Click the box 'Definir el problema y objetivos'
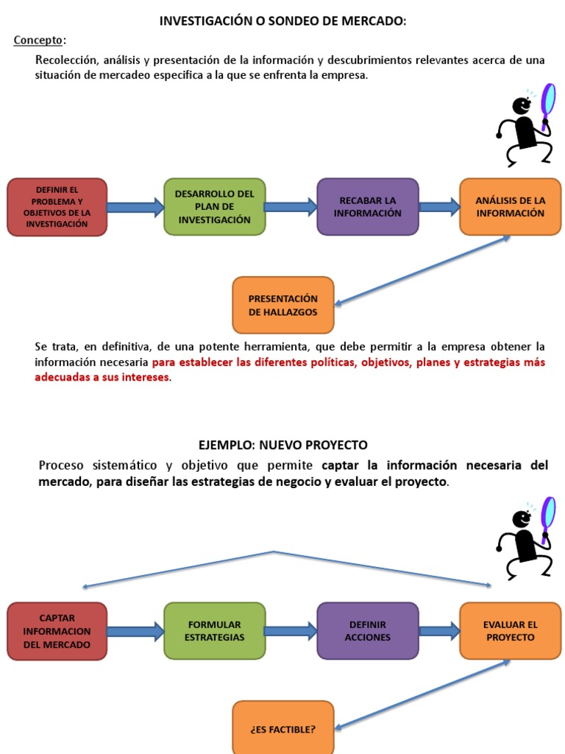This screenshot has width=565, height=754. click(57, 207)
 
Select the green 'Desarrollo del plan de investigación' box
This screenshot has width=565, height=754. click(215, 207)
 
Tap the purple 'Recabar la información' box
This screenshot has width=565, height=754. click(368, 207)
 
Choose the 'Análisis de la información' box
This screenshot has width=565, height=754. click(511, 207)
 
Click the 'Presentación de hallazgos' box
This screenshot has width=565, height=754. click(283, 305)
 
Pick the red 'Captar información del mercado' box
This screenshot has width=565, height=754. click(57, 631)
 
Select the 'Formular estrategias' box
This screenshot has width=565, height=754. click(215, 631)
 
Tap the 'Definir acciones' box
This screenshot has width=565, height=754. click(368, 631)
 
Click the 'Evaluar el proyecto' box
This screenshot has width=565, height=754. click(511, 631)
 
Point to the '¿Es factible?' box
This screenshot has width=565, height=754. click(283, 727)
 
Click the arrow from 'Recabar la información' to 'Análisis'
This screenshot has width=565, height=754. click(439, 207)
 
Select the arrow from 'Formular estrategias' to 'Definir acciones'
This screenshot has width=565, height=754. click(291, 631)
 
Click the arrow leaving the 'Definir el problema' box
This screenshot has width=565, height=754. click(135, 207)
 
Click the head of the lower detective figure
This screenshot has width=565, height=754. click(522, 519)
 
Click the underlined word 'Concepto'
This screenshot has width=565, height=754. click(38, 40)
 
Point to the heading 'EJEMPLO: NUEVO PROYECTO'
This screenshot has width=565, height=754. click(283, 445)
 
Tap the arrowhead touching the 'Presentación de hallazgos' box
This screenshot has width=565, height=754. click(338, 303)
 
